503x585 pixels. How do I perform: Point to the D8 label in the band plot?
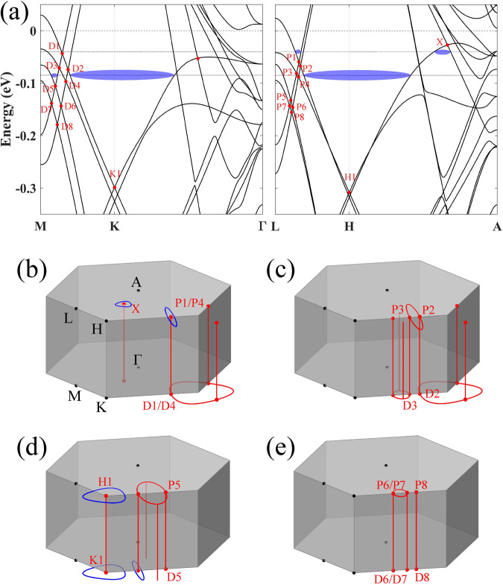point(66,127)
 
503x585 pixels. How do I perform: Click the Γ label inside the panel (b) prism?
point(137,358)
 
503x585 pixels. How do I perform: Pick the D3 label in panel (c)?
point(411,406)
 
